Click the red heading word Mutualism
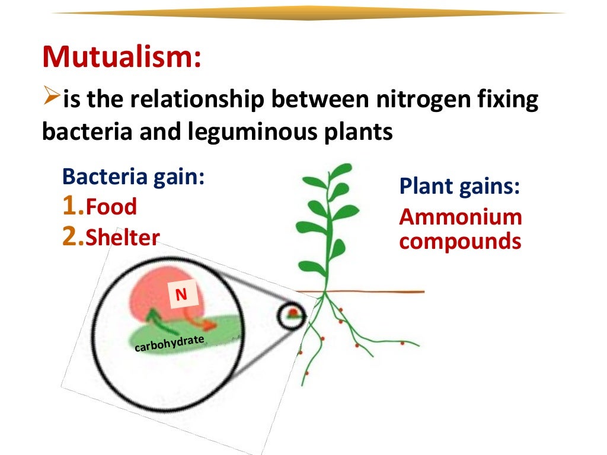[x=122, y=58]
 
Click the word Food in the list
[x=111, y=207]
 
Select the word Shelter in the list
[x=123, y=238]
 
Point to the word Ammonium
[x=461, y=217]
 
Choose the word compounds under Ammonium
[x=460, y=242]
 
